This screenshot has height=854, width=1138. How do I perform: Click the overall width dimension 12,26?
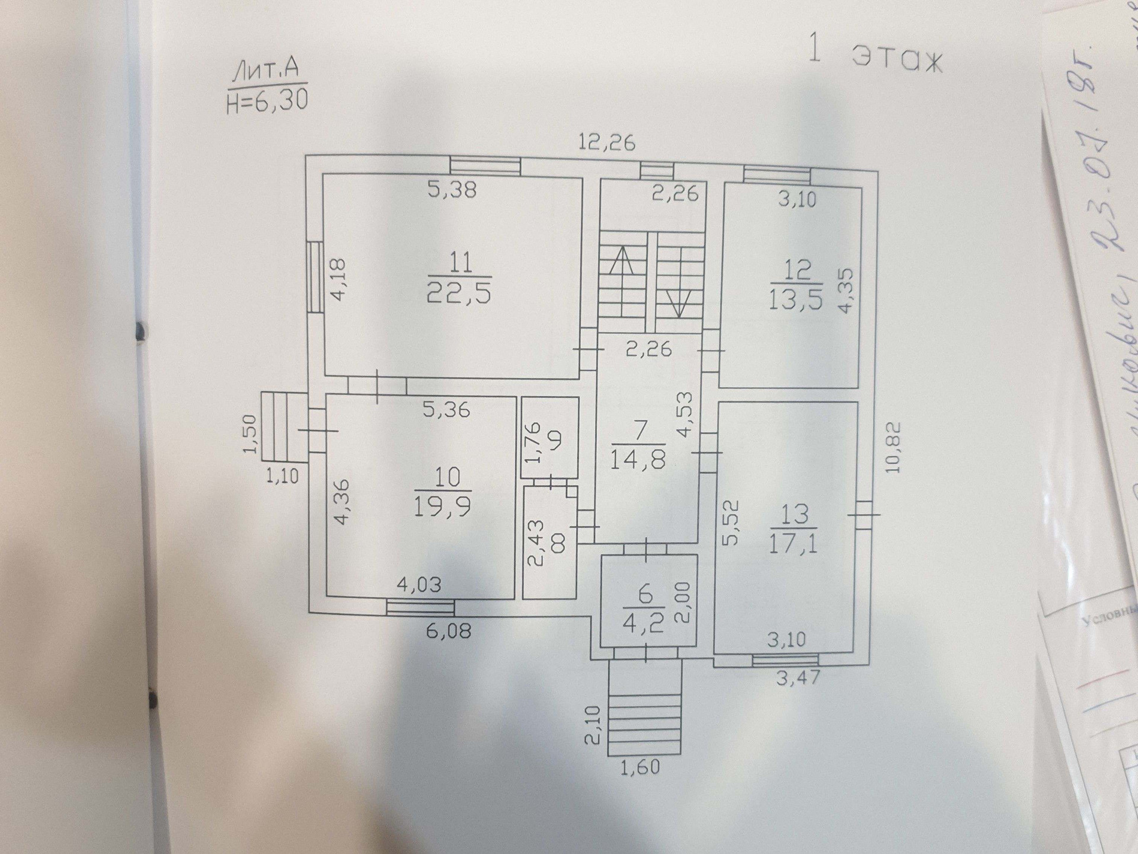(x=607, y=142)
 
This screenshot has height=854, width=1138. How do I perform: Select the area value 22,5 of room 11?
(x=459, y=294)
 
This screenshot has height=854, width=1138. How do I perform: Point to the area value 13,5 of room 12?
(x=796, y=300)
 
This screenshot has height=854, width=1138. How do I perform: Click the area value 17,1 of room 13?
(x=794, y=544)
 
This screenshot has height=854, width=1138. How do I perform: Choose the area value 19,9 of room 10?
(x=442, y=508)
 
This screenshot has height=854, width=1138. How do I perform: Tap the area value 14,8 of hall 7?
(x=637, y=460)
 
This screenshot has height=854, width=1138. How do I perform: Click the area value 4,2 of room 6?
(x=644, y=624)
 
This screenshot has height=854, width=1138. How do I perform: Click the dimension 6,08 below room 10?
(x=448, y=630)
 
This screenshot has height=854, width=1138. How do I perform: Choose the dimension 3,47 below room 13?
(x=798, y=677)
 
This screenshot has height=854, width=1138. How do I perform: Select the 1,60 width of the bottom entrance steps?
(x=640, y=767)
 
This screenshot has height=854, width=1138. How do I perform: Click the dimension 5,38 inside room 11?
(x=452, y=190)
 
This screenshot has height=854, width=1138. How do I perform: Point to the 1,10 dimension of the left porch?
(x=282, y=476)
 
